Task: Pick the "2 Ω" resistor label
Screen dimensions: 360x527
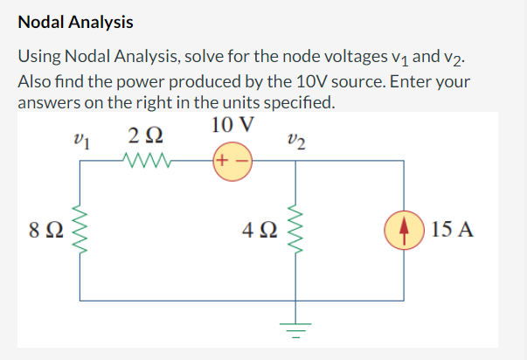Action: pyautogui.click(x=143, y=136)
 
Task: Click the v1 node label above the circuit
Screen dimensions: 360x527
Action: pyautogui.click(x=83, y=138)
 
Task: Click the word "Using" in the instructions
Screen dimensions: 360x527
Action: pyautogui.click(x=40, y=56)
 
